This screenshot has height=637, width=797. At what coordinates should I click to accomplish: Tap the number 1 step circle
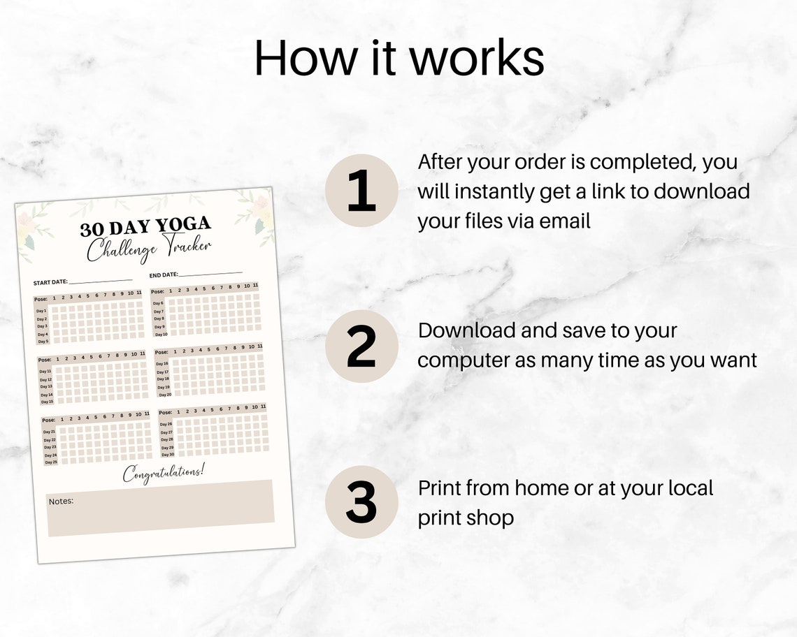361,191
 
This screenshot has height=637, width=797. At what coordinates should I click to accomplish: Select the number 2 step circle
361,346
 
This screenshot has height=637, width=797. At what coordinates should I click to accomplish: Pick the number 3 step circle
361,502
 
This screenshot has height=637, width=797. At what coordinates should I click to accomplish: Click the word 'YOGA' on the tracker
183,225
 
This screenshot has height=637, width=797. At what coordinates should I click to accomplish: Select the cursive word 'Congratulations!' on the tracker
164,473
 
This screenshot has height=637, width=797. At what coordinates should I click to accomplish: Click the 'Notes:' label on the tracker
61,501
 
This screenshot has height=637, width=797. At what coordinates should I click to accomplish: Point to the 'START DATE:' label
51,282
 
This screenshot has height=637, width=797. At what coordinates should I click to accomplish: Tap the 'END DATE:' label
164,275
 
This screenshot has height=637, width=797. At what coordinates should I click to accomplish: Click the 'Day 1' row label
42,311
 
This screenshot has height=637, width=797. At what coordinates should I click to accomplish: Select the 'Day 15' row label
46,402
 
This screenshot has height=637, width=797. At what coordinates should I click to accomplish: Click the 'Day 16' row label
162,364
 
